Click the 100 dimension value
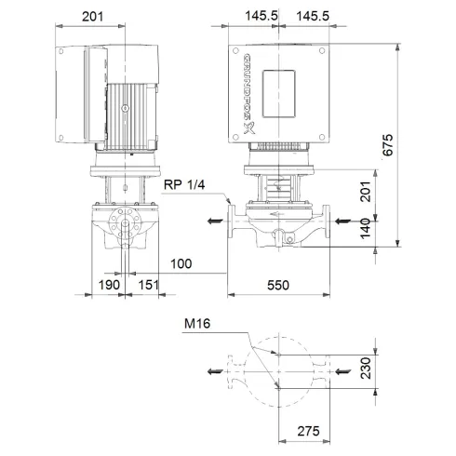[x=181, y=265]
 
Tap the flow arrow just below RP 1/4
[x=214, y=221]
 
